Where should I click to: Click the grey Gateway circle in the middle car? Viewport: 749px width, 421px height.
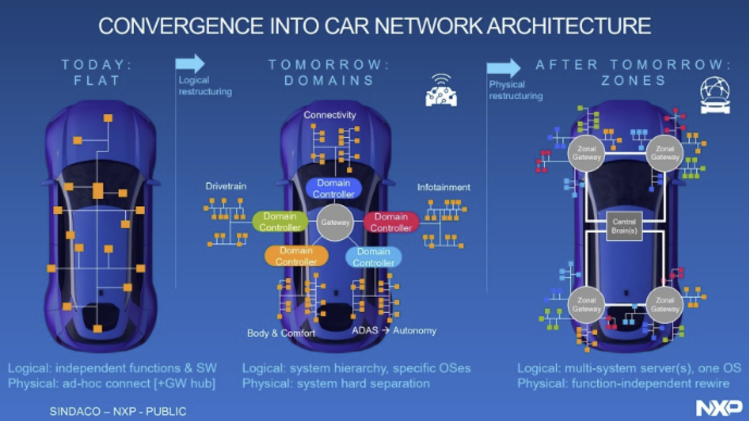click(335, 222)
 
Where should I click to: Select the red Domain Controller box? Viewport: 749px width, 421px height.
click(391, 222)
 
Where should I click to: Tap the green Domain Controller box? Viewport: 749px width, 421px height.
click(280, 222)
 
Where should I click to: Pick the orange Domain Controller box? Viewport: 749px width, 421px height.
click(296, 256)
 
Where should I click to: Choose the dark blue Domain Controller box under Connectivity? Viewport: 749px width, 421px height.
click(333, 188)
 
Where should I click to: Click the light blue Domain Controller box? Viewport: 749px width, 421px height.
click(373, 257)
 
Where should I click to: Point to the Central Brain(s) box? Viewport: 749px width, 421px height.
click(624, 226)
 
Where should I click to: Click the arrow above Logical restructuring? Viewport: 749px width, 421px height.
click(190, 64)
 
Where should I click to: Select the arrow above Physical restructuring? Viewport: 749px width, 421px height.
click(503, 68)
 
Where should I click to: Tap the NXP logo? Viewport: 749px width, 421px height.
click(719, 407)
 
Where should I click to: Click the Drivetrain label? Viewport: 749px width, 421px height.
click(226, 186)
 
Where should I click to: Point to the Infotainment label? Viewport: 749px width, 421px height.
click(443, 187)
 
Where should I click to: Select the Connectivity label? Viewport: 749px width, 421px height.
click(330, 115)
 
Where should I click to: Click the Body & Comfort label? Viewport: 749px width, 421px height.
click(281, 332)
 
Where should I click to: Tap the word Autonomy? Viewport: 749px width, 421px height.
click(414, 330)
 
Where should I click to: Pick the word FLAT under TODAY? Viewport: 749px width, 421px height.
click(97, 80)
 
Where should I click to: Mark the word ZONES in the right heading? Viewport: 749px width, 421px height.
click(633, 80)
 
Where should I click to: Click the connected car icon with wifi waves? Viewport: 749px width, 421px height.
click(441, 91)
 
